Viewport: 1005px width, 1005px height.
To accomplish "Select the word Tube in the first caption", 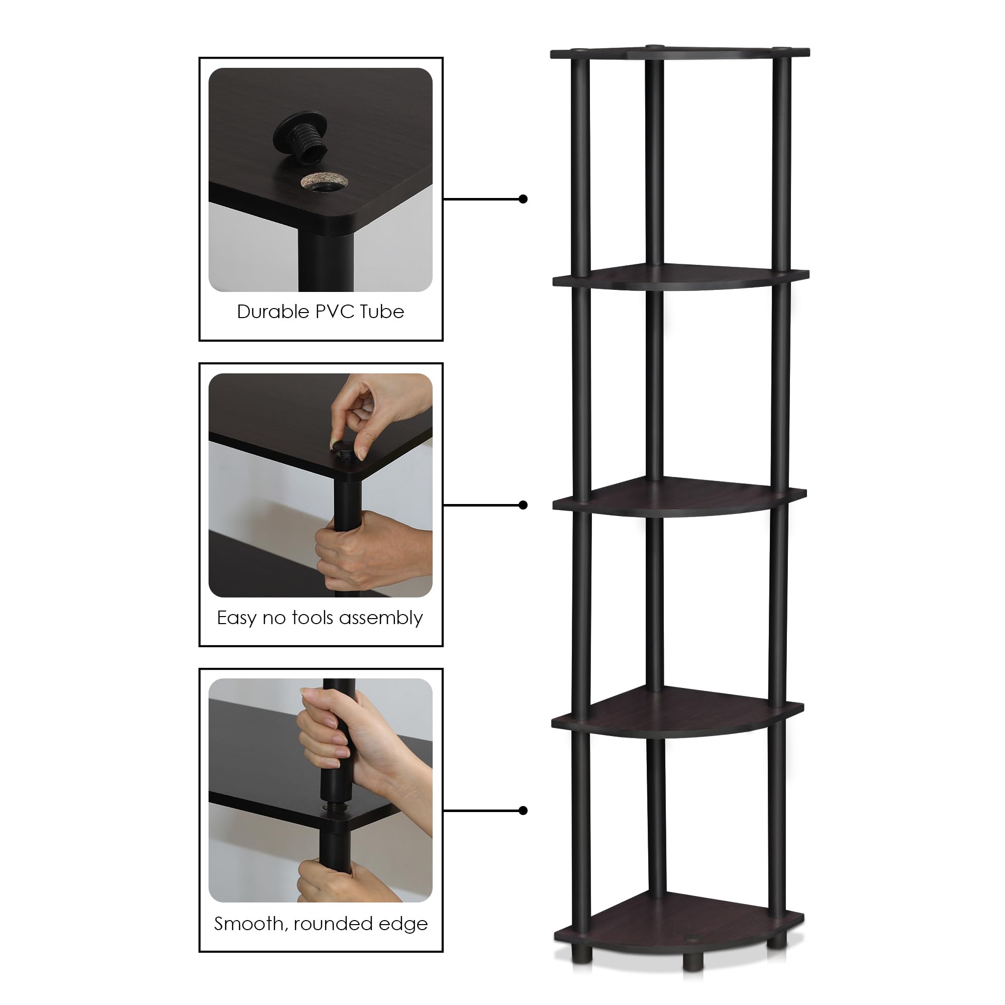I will [x=382, y=312].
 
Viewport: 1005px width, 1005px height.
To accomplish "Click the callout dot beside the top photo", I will [x=523, y=198].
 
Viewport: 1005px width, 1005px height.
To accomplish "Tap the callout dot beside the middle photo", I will [x=523, y=505].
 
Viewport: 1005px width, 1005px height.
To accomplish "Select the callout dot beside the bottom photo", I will [x=523, y=811].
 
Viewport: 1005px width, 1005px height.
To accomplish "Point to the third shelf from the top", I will [x=676, y=497].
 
